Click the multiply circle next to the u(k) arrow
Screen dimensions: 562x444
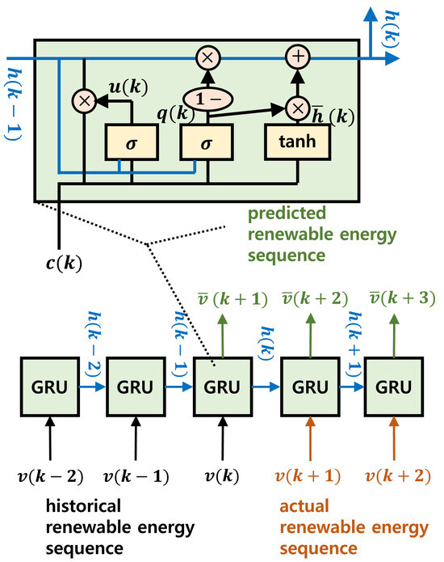[83, 101]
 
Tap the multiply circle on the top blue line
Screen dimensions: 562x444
[207, 57]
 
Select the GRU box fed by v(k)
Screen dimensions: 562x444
[220, 387]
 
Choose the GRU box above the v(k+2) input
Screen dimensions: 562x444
[392, 387]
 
